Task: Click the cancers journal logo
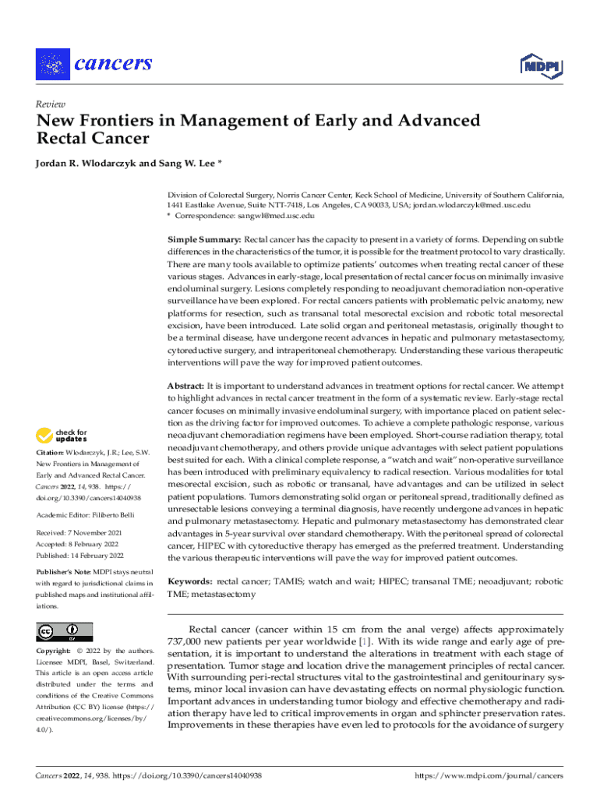tap(94, 63)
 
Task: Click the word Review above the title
tap(51, 104)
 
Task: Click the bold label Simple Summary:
tap(205, 240)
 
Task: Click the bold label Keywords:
tap(191, 581)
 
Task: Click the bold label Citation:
tap(50, 453)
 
